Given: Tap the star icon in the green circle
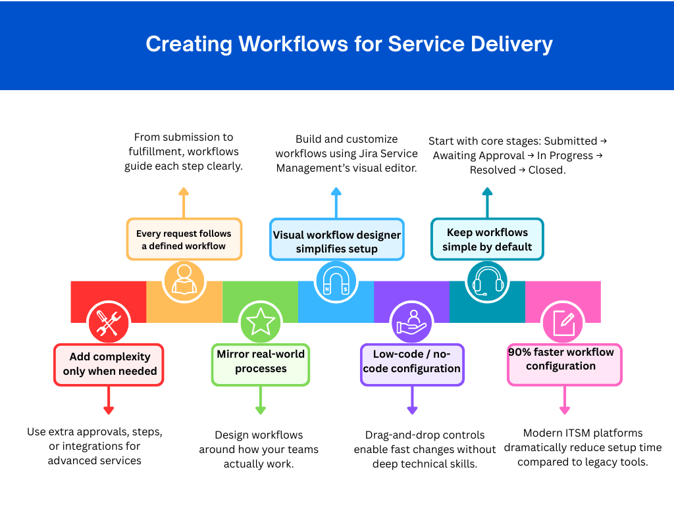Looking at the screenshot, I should pos(260,322).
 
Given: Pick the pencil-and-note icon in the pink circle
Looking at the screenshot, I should pos(563,322).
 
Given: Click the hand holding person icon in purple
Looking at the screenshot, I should pos(411,322).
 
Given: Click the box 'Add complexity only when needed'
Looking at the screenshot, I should pos(109,364).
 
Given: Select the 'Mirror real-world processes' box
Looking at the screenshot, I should pos(261,362).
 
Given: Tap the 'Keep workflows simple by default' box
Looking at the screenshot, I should pos(487,239).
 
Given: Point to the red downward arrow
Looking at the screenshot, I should pos(109,401).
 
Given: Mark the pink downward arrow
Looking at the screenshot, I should pos(564,401).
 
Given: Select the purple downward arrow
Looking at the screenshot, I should pos(412,401).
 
